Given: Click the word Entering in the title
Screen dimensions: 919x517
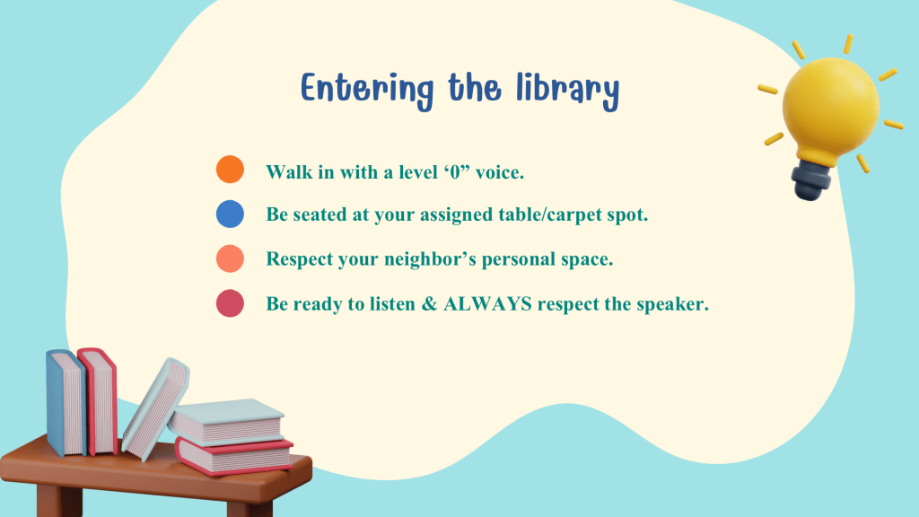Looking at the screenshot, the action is (x=367, y=90).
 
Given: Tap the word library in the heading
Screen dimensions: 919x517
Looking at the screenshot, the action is (x=567, y=90).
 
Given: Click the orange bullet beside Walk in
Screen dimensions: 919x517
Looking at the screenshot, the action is (x=230, y=170).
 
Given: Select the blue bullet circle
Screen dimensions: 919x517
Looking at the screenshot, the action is (x=230, y=214).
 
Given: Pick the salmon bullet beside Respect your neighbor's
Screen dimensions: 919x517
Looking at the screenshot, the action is (x=230, y=258).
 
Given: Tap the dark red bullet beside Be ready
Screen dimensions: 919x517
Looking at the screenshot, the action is (x=230, y=303).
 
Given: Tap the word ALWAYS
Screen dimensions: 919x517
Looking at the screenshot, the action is (x=487, y=303).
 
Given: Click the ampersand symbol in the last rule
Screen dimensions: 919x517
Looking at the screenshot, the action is (x=430, y=303).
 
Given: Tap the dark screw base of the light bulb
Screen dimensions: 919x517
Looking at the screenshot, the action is (x=811, y=180).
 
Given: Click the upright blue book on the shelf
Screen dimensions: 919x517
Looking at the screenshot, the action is (x=66, y=403).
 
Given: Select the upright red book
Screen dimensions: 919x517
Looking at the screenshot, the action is (x=98, y=401).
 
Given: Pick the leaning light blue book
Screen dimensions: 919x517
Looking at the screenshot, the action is (x=156, y=408).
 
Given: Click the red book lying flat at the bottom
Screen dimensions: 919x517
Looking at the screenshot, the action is (x=234, y=455).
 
